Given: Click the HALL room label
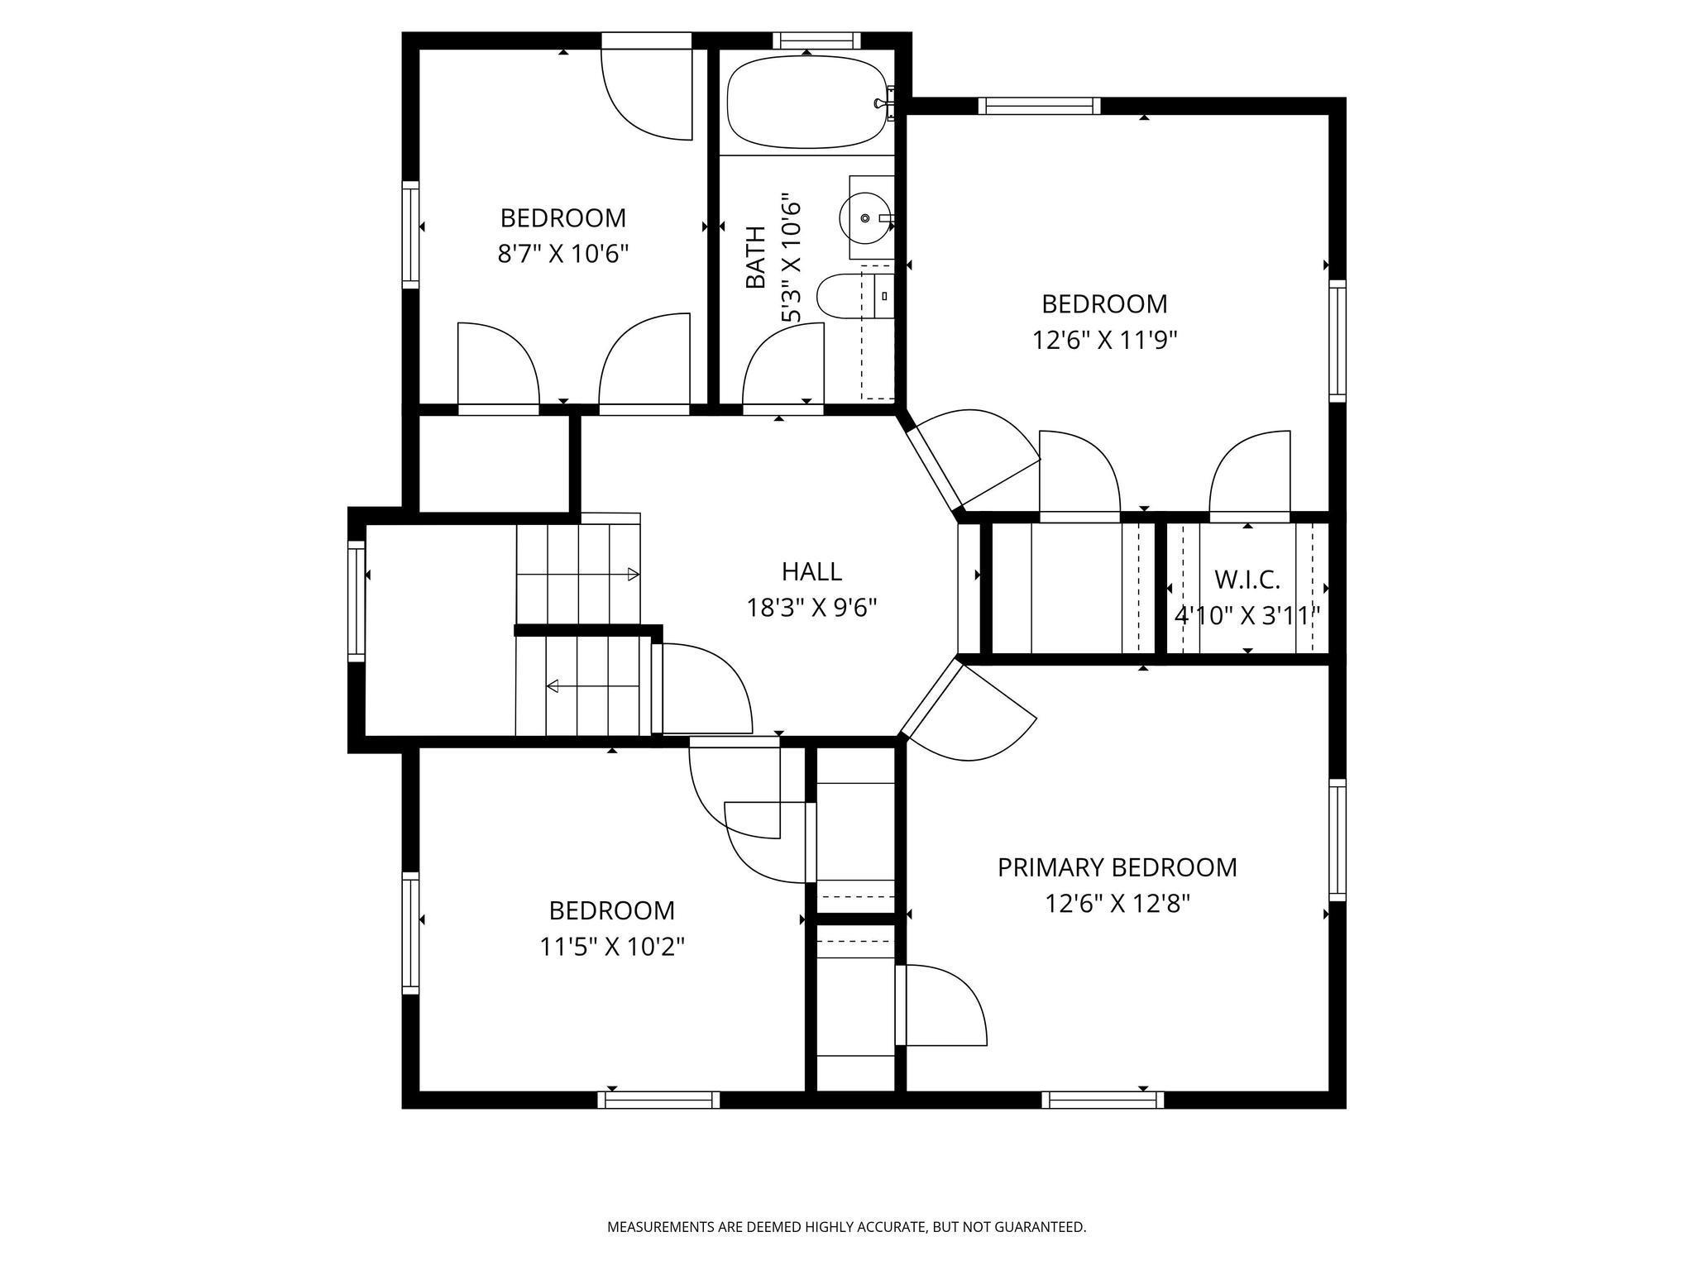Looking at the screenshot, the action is click(811, 571).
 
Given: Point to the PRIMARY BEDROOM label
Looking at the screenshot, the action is click(1117, 867).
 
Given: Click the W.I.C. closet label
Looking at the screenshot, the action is click(1247, 580).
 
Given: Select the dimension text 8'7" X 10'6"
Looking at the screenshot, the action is click(562, 253).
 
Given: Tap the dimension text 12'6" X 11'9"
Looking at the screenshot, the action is click(1104, 340).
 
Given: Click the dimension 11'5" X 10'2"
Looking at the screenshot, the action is click(612, 946).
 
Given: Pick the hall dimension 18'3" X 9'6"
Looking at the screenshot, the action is click(811, 609).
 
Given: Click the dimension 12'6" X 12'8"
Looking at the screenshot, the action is click(1117, 904).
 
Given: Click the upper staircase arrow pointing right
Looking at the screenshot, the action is click(578, 574).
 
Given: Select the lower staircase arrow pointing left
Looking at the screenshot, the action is click(593, 685).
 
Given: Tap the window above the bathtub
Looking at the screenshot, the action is click(816, 41).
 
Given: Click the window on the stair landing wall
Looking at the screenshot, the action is click(357, 600).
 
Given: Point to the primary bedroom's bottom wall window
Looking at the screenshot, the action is click(1103, 1100).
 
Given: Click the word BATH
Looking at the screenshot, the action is click(755, 257).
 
